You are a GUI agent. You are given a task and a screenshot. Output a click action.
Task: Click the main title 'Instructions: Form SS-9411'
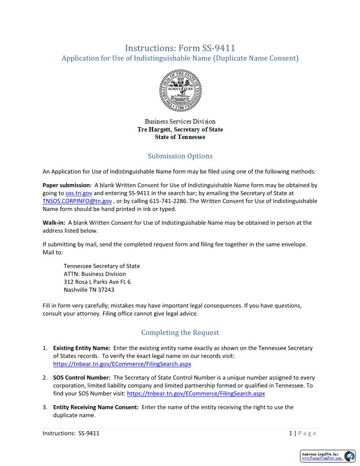(x=180, y=48)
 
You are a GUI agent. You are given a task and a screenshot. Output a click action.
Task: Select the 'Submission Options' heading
(x=180, y=156)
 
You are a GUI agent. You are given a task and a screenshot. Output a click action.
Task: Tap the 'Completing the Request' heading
(x=180, y=332)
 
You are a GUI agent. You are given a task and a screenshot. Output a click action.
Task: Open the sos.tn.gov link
(x=79, y=193)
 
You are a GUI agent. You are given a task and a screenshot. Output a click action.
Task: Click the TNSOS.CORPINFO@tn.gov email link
(x=77, y=201)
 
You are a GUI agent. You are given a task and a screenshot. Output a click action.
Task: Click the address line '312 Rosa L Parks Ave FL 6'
(x=97, y=282)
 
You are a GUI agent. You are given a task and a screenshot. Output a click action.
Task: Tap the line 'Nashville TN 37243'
(x=89, y=290)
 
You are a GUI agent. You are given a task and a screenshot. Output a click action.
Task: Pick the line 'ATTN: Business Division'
(x=95, y=274)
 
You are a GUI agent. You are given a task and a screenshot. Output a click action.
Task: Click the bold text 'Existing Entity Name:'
(x=82, y=348)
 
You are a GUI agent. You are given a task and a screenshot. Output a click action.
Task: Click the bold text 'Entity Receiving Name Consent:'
(x=96, y=407)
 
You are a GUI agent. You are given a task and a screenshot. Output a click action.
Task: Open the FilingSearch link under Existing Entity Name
(x=122, y=364)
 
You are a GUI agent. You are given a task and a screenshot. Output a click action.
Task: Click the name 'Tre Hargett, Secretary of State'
(x=180, y=129)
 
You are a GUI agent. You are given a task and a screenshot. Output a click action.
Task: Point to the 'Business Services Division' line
(x=180, y=121)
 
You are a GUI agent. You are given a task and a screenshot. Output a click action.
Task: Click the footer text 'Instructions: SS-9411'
(x=71, y=433)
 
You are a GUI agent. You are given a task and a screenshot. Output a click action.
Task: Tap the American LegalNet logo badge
(x=328, y=456)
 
